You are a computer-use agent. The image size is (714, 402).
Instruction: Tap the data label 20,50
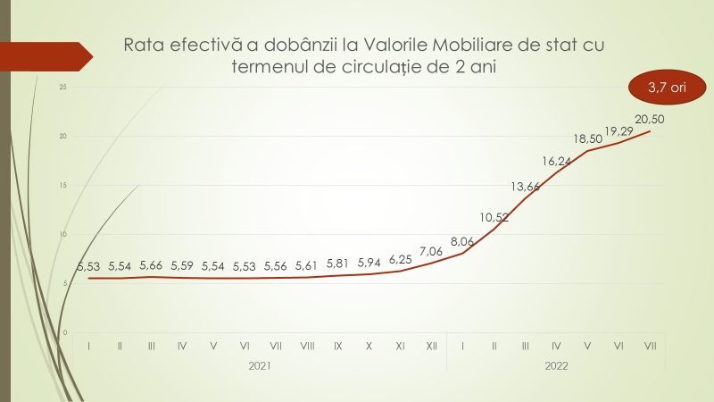pyautogui.click(x=649, y=119)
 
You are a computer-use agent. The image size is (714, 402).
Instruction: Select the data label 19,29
pyautogui.click(x=619, y=131)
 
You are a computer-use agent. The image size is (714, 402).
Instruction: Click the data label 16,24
pyautogui.click(x=556, y=161)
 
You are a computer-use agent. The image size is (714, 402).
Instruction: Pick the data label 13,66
pyautogui.click(x=525, y=186)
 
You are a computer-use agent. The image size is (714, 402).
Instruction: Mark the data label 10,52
pyautogui.click(x=494, y=216)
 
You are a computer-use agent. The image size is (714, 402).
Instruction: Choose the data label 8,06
pyautogui.click(x=462, y=241)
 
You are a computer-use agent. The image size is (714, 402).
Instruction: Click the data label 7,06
pyautogui.click(x=431, y=250)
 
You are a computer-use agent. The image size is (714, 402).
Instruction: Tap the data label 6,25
pyautogui.click(x=401, y=258)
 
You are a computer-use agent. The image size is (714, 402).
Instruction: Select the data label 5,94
pyautogui.click(x=369, y=262)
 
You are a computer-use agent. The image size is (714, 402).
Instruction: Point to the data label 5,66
pyautogui.click(x=152, y=264)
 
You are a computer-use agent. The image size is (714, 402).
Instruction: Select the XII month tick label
pyautogui.click(x=431, y=345)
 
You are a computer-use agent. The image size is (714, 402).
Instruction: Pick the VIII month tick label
pyautogui.click(x=307, y=345)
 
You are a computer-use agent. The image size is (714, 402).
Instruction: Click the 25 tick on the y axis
pyautogui.click(x=62, y=88)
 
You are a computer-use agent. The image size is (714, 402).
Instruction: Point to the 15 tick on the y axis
pyautogui.click(x=62, y=185)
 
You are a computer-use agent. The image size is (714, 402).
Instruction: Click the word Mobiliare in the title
pyautogui.click(x=479, y=44)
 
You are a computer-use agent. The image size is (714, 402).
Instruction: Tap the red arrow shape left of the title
pyautogui.click(x=48, y=55)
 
